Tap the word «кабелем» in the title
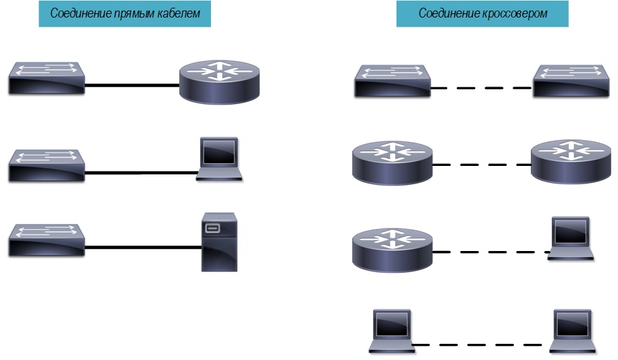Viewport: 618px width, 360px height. coord(177,14)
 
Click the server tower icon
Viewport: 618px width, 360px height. coord(219,242)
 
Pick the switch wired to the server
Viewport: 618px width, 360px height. coord(47,240)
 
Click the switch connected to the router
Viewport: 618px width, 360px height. coord(47,78)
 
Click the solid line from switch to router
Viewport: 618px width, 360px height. coord(131,86)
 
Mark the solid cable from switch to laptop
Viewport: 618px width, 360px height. coord(141,172)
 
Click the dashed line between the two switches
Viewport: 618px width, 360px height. coord(482,89)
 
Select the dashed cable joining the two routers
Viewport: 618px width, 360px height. coord(482,165)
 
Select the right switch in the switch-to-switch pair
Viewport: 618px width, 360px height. coord(570,80)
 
